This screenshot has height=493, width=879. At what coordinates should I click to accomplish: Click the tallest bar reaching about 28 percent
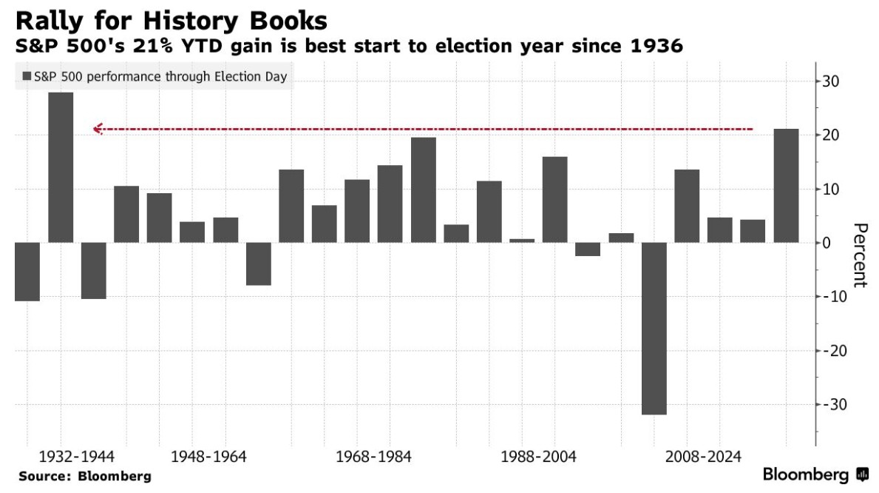[61, 167]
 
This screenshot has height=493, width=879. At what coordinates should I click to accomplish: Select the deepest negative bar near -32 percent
[654, 329]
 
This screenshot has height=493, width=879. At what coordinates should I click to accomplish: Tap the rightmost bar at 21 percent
[786, 186]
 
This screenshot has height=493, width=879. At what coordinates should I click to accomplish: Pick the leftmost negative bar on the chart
[27, 272]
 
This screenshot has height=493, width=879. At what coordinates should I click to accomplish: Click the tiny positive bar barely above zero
[522, 241]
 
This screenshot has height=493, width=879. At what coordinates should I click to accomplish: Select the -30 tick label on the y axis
[829, 404]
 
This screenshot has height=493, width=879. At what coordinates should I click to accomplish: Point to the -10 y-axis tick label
[829, 297]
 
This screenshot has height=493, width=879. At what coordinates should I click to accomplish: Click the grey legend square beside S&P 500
[27, 76]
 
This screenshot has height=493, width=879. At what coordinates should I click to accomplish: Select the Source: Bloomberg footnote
[85, 476]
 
